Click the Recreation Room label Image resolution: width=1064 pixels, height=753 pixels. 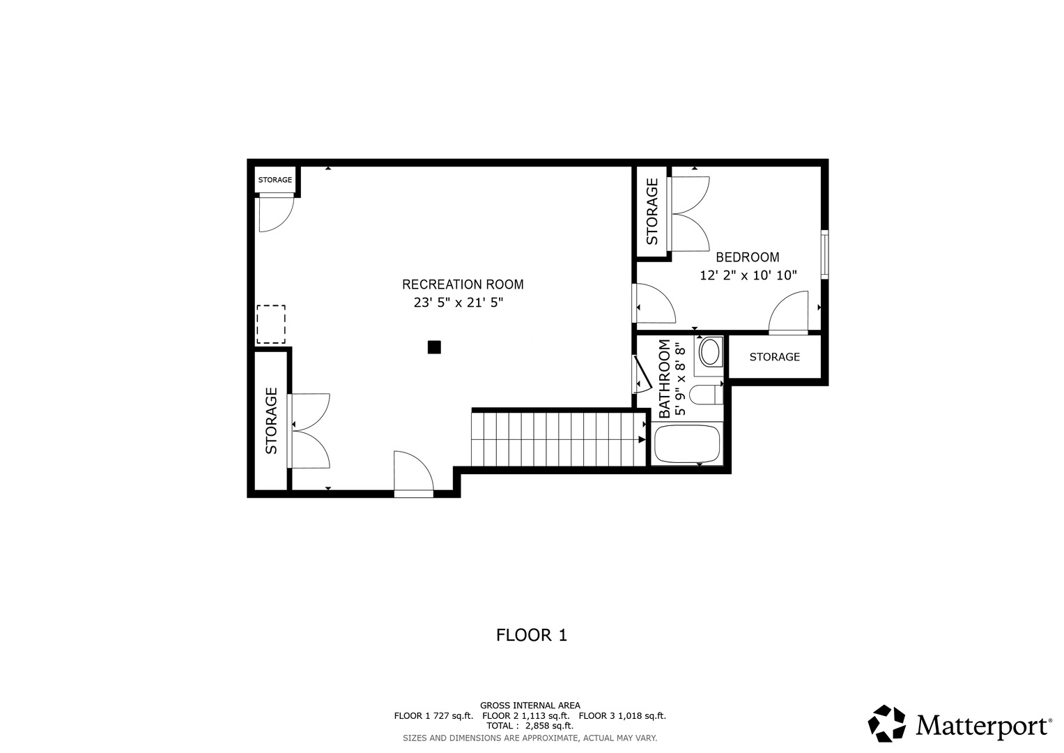pyautogui.click(x=463, y=284)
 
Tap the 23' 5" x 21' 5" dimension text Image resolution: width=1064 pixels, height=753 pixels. pyautogui.click(x=458, y=303)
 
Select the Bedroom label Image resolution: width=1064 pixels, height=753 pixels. pyautogui.click(x=748, y=257)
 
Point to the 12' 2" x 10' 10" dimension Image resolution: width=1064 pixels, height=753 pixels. pyautogui.click(x=748, y=275)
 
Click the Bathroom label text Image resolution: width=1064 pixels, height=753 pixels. pyautogui.click(x=665, y=379)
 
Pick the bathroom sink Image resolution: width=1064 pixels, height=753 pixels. pyautogui.click(x=710, y=352)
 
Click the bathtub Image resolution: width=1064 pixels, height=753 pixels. pyautogui.click(x=687, y=443)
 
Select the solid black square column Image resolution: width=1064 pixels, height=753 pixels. pyautogui.click(x=434, y=347)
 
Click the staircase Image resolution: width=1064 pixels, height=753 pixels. pyautogui.click(x=559, y=439)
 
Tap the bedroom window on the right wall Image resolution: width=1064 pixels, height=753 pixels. pyautogui.click(x=825, y=254)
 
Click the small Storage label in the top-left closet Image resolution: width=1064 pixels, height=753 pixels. pyautogui.click(x=275, y=180)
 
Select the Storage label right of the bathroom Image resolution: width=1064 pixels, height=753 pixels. pyautogui.click(x=775, y=356)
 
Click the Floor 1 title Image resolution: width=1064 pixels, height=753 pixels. pyautogui.click(x=532, y=635)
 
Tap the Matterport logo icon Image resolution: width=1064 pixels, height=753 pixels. pyautogui.click(x=887, y=724)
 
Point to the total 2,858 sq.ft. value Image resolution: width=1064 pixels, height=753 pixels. pyautogui.click(x=549, y=726)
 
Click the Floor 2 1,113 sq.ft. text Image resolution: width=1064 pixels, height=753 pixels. pyautogui.click(x=526, y=715)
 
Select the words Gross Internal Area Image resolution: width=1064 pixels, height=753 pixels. pyautogui.click(x=530, y=706)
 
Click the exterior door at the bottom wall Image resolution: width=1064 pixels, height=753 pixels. pyautogui.click(x=414, y=494)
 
